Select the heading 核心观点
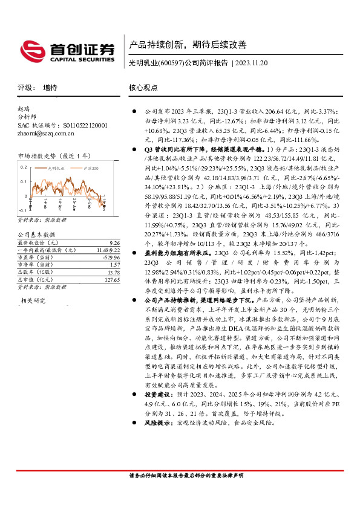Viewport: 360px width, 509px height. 143,88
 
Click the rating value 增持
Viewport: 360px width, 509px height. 50,88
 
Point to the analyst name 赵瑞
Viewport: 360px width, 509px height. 24,109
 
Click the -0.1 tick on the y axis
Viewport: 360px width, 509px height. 24,203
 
